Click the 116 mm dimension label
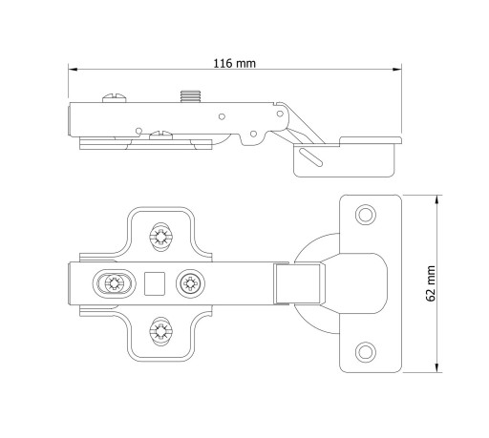tap(234, 63)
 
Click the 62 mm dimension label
tap(431, 283)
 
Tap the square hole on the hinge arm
tap(155, 283)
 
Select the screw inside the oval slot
tap(114, 283)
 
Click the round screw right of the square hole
tap(190, 283)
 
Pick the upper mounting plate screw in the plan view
tap(161, 237)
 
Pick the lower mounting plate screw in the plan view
tap(161, 331)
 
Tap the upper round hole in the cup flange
tap(366, 215)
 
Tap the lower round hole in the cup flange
tap(366, 352)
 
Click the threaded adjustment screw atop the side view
tap(191, 96)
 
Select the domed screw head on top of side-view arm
tap(115, 98)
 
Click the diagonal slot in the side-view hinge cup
tap(310, 157)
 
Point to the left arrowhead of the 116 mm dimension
tap(73, 69)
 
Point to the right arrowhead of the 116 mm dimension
tap(397, 69)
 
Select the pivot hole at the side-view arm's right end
tap(280, 114)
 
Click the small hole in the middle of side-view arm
tap(222, 116)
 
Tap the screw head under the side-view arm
tap(161, 136)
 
